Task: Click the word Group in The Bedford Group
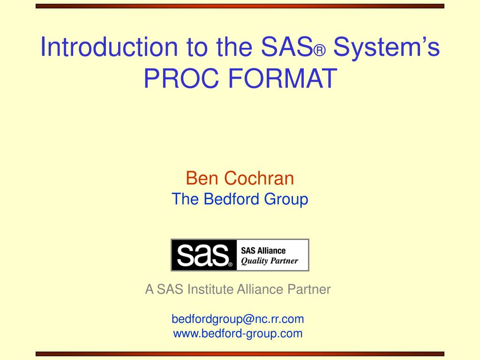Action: click(286, 199)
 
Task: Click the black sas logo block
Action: click(203, 255)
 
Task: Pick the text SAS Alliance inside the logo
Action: click(263, 251)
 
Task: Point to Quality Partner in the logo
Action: click(269, 261)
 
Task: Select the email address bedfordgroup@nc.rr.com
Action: click(238, 319)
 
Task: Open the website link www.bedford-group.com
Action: click(238, 334)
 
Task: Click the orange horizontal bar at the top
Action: click(240, 6)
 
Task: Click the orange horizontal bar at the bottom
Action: click(240, 354)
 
